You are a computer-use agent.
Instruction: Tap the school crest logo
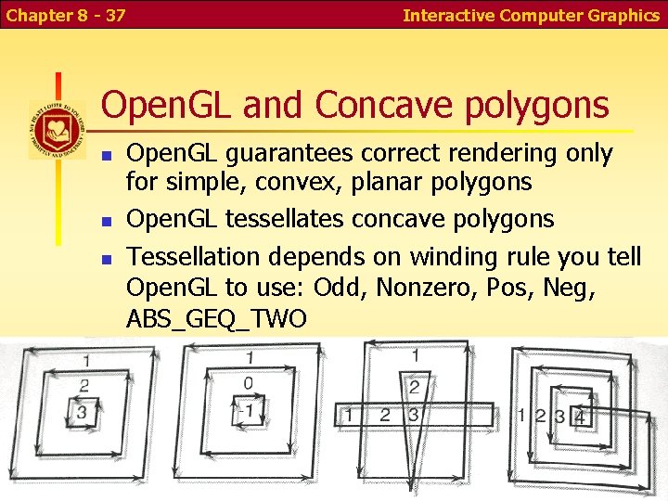pos(57,130)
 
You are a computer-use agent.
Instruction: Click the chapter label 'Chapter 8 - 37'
pos(65,15)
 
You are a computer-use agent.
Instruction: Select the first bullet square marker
pos(107,155)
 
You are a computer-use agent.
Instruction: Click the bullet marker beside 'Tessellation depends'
pos(107,258)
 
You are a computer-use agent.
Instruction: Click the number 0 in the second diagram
pos(247,382)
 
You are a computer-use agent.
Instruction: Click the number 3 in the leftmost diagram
pos(83,411)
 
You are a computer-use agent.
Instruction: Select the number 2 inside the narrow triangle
pos(415,386)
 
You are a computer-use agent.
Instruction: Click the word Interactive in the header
pos(449,15)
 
